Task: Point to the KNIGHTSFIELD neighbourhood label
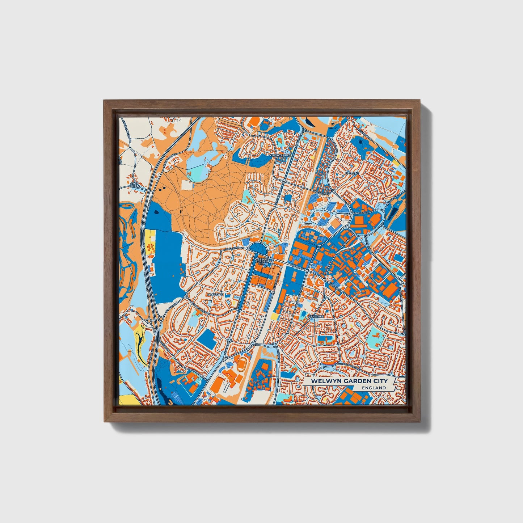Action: point(280,155)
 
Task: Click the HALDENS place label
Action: point(352,173)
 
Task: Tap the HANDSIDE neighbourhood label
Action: point(216,295)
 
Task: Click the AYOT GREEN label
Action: point(134,185)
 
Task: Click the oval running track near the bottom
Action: point(241,363)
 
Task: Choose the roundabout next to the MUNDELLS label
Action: point(352,214)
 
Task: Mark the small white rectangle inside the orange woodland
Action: point(187,185)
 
